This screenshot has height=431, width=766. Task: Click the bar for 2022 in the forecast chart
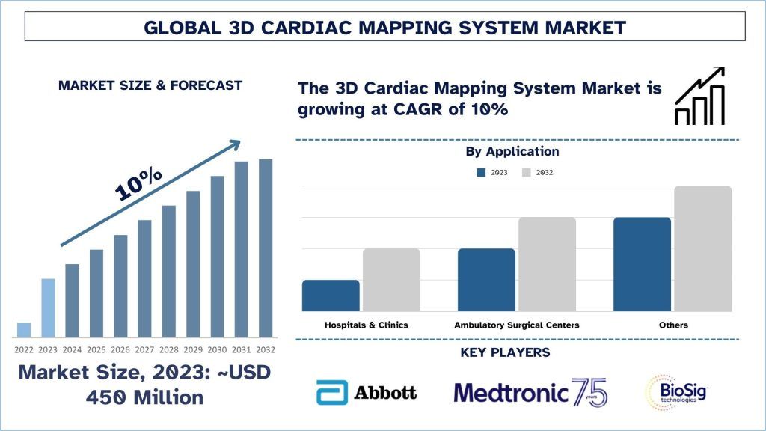point(24,330)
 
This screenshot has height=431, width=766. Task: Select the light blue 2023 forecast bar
point(48,308)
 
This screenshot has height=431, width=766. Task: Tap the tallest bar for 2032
point(266,248)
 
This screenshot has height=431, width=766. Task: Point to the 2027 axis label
point(144,349)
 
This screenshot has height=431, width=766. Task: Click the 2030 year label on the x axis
point(217,349)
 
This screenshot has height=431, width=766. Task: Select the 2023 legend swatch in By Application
point(481,173)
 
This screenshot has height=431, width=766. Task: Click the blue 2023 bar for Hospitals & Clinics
point(331,296)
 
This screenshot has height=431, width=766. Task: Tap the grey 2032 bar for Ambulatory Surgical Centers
point(547,264)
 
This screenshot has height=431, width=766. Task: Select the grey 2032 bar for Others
point(702,248)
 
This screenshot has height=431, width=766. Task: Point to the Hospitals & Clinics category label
point(367,325)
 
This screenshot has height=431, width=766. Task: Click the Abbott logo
point(366,392)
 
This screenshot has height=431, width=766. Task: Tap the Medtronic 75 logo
point(530,392)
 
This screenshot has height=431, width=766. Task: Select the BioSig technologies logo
point(676,392)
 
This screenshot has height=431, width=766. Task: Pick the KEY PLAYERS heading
point(517,352)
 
